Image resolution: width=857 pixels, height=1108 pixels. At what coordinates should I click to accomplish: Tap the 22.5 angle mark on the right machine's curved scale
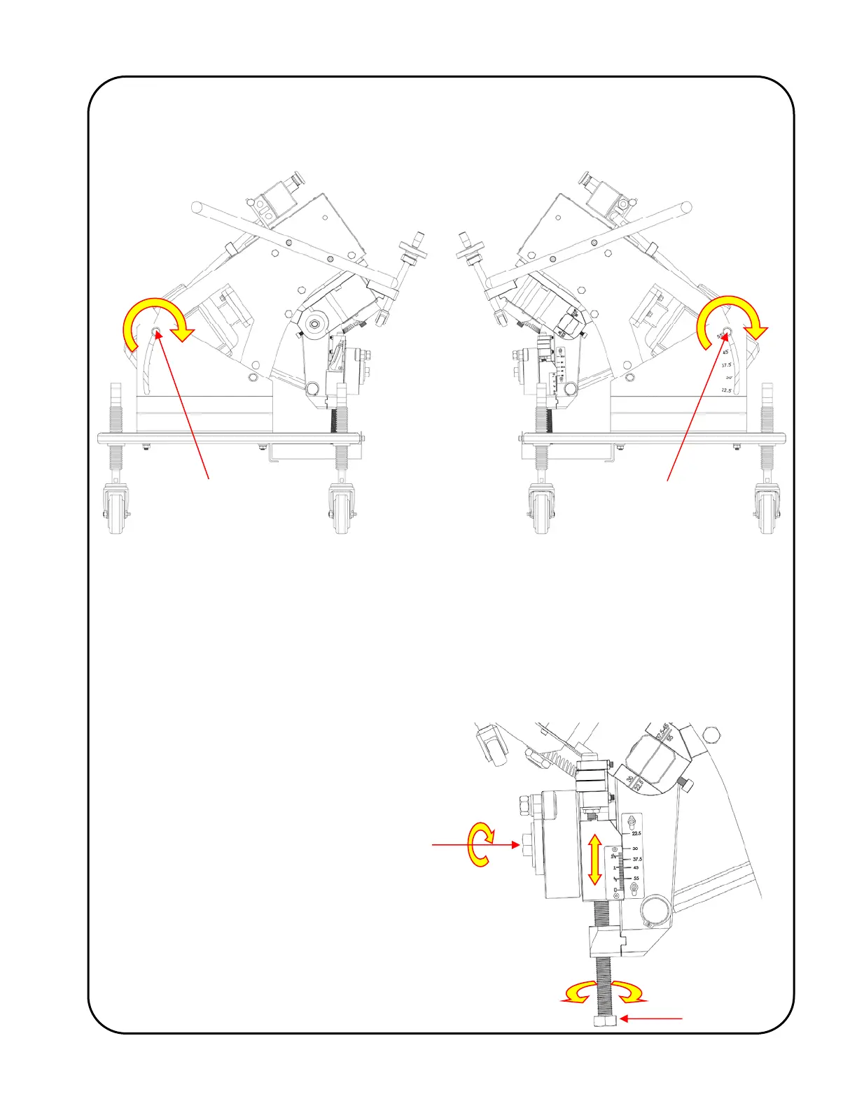point(727,390)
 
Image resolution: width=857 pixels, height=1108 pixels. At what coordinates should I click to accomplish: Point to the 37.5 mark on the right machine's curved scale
point(726,364)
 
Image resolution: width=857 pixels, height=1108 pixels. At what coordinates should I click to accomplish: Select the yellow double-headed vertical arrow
point(594,860)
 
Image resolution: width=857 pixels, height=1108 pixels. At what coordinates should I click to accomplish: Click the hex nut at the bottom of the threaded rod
point(605,1021)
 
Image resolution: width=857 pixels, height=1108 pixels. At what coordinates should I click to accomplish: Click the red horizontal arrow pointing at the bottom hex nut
point(651,1019)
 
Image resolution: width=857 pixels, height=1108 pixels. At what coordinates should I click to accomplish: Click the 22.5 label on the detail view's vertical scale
point(636,834)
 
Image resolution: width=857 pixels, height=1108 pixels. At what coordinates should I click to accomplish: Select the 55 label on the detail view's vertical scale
point(636,878)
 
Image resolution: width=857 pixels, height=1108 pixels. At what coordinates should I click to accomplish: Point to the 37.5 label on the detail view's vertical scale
point(636,859)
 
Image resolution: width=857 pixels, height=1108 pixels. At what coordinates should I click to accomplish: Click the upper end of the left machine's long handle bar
point(197,207)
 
